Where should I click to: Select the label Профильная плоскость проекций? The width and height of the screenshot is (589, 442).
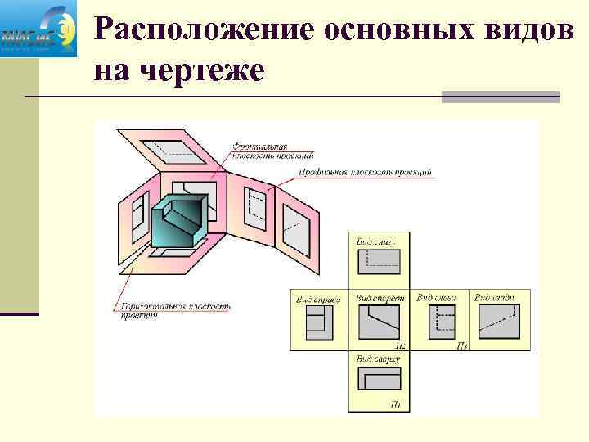pos(365,173)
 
